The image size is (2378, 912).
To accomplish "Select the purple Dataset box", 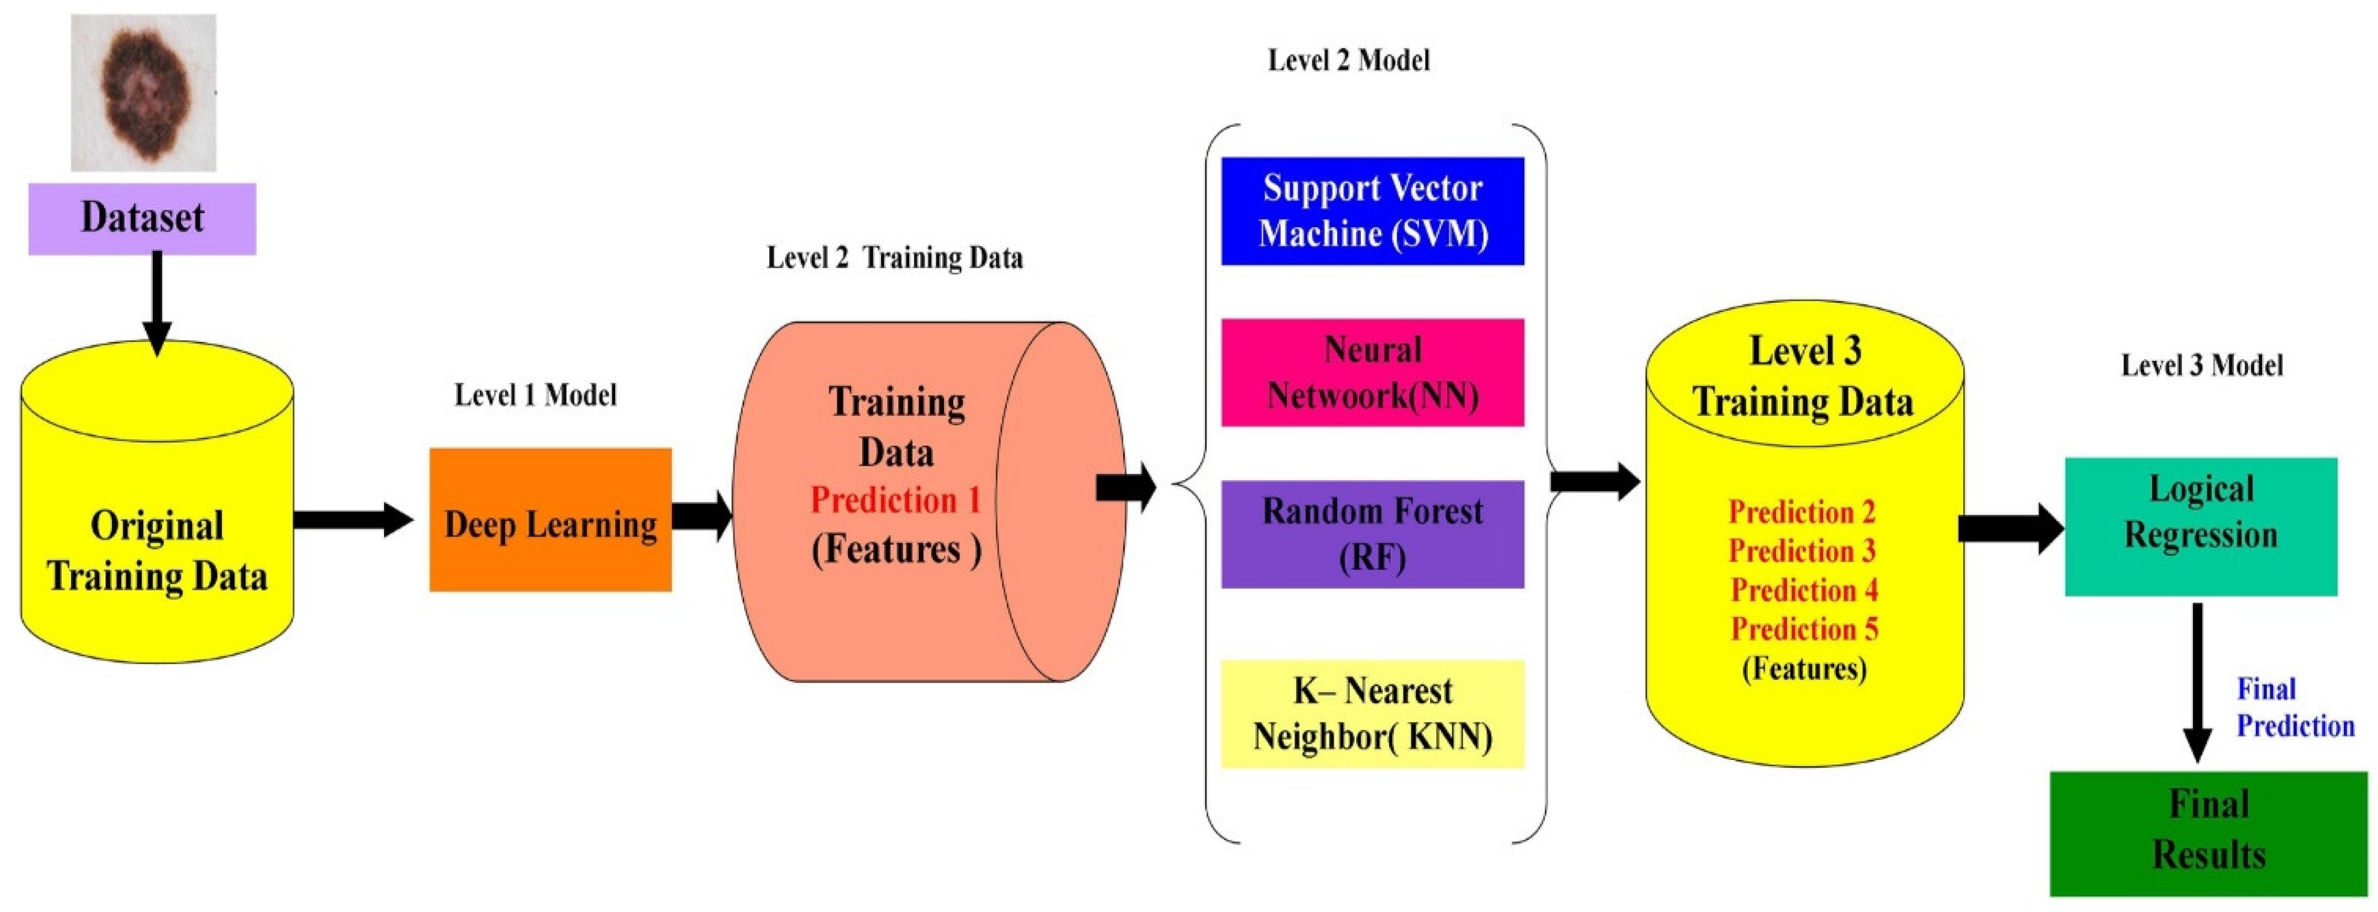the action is (x=142, y=218).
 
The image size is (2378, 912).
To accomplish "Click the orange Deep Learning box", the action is (x=550, y=519).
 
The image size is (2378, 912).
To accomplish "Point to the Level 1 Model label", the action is (x=536, y=395).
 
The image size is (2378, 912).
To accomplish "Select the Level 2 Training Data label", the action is (x=894, y=258).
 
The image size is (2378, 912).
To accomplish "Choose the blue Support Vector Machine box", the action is (x=1373, y=212).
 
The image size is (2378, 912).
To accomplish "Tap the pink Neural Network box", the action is (x=1373, y=373).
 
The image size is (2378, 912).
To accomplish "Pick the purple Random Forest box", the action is (x=1373, y=534).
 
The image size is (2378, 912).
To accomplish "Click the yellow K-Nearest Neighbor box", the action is (x=1373, y=714).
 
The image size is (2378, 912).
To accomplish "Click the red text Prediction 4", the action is (x=1804, y=589).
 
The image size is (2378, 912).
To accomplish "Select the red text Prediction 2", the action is (x=1802, y=511).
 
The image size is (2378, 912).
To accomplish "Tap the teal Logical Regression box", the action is (x=2201, y=527).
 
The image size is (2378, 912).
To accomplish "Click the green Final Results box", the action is (x=2209, y=834).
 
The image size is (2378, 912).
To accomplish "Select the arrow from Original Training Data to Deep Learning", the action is (x=353, y=519).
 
